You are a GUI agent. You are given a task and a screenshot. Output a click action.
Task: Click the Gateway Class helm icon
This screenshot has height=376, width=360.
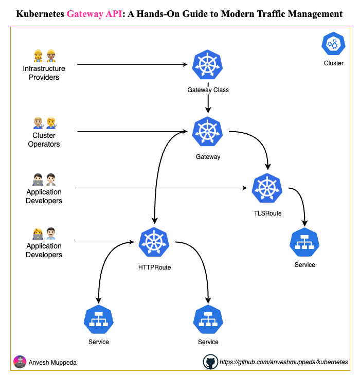point(208,65)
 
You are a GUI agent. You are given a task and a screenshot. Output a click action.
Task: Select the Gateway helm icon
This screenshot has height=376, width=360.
point(208,132)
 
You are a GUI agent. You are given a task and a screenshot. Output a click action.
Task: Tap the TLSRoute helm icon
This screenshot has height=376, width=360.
point(267,188)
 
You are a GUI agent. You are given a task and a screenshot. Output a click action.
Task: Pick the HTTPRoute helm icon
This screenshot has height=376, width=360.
point(154,242)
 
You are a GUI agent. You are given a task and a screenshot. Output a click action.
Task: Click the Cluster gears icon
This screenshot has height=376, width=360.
point(333,45)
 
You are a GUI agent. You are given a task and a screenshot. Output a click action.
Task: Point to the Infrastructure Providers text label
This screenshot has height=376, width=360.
point(44,73)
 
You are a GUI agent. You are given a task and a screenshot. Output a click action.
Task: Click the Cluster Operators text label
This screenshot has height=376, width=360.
point(44,140)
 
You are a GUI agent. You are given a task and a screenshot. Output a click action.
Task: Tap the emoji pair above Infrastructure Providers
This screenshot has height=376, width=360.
point(44,55)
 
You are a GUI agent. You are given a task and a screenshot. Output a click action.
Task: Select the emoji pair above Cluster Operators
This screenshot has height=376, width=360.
point(44,122)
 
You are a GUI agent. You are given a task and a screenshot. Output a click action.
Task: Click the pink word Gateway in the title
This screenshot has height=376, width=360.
point(86,14)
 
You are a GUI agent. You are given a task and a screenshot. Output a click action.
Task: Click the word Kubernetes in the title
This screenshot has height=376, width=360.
point(41,14)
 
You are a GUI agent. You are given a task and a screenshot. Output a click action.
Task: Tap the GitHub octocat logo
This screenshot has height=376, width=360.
point(210,362)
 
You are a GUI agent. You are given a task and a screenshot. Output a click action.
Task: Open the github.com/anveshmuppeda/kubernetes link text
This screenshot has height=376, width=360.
point(283,362)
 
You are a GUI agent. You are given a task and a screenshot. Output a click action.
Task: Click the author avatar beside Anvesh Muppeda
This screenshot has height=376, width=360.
point(20,362)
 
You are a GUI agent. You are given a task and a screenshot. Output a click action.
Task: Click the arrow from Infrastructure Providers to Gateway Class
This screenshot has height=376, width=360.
point(131,65)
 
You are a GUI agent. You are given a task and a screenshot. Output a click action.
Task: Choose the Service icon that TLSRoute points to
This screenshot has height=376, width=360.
point(304,242)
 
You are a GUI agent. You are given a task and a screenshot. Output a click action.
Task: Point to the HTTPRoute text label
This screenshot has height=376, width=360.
point(154,267)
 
